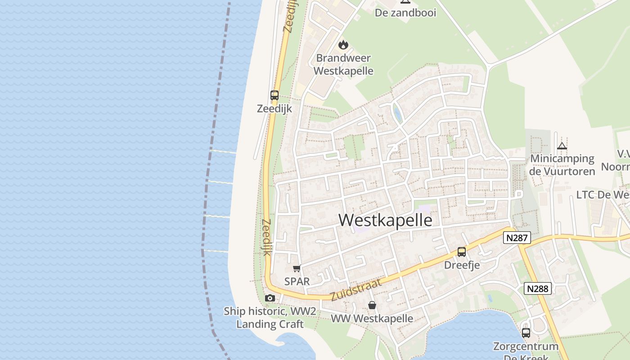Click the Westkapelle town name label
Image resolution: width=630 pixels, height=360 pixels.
[385, 220]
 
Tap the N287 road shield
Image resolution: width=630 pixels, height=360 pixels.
[517, 238]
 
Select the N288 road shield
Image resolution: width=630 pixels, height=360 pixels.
[538, 288]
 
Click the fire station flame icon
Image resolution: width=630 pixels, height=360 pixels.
[343, 45]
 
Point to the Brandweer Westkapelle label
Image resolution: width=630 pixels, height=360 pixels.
[343, 64]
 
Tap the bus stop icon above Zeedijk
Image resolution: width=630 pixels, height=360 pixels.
[274, 95]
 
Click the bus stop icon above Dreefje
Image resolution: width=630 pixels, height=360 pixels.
[462, 252]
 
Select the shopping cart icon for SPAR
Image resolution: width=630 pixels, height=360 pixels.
[297, 269]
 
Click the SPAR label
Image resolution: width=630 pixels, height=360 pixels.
[297, 281]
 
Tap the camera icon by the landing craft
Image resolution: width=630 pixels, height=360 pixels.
[270, 298]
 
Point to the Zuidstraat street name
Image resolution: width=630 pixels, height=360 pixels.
[355, 290]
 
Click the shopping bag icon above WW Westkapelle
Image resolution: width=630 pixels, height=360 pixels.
[372, 305]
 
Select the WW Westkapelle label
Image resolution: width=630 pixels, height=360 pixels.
[372, 319]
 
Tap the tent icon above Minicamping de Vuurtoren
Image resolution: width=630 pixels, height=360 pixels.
[562, 146]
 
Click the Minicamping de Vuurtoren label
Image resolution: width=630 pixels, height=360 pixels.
[562, 165]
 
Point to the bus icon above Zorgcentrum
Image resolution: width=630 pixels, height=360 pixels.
[526, 333]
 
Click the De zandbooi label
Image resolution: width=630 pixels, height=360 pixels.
[405, 13]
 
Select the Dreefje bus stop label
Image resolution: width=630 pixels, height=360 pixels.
[462, 265]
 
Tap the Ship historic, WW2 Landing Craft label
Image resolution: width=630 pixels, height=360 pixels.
[270, 318]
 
